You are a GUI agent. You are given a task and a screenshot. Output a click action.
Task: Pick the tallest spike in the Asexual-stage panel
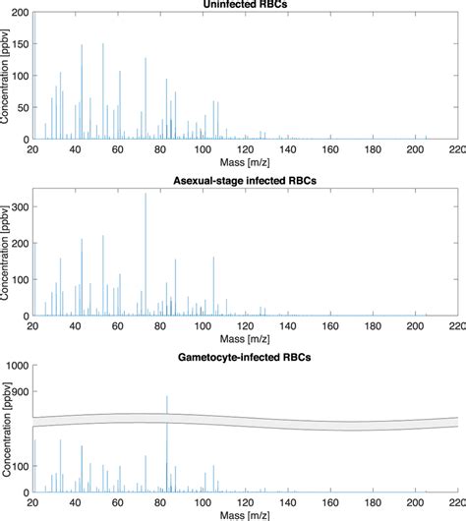pyautogui.click(x=146, y=194)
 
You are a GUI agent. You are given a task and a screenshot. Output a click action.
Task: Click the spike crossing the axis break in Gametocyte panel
pyautogui.click(x=167, y=413)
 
